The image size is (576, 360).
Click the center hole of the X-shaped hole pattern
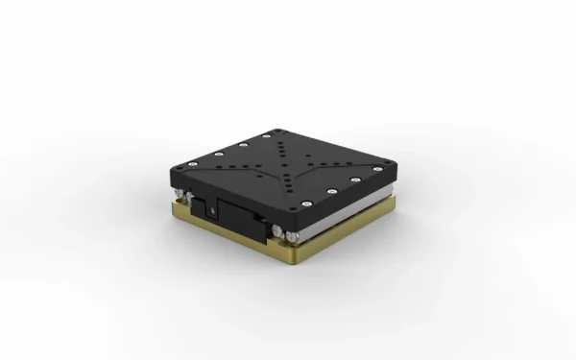(x=285, y=166)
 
